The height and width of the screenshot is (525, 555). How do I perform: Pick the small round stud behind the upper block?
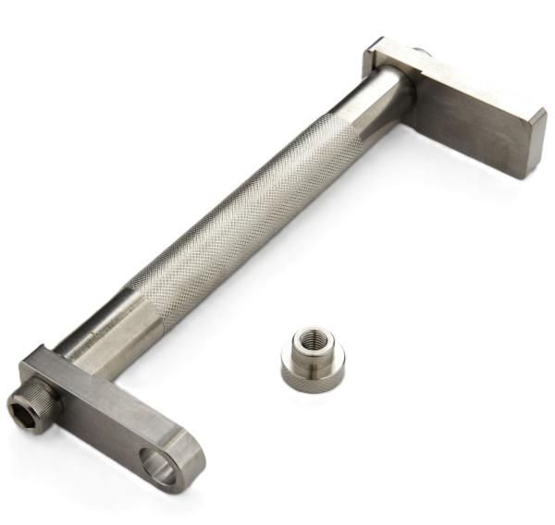[422, 55]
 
